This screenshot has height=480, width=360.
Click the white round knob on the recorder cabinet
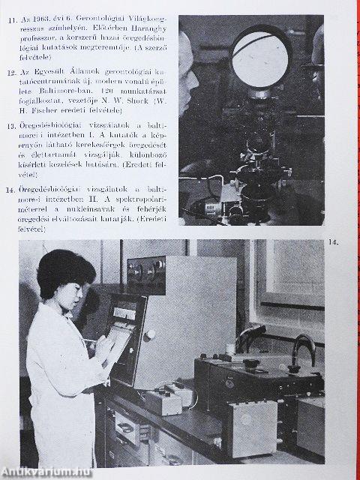[150, 334]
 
